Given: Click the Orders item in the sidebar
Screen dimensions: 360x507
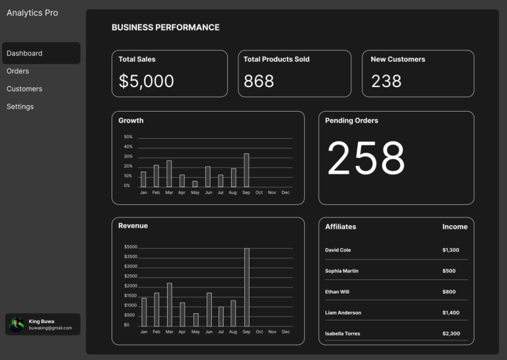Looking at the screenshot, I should (18, 71).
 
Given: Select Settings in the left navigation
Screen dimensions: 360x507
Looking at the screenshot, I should (20, 106).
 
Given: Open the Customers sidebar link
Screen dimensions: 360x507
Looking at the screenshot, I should (24, 89).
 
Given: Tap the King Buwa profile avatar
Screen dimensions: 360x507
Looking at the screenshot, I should (17, 324).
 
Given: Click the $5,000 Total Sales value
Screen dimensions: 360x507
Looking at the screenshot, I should (147, 81).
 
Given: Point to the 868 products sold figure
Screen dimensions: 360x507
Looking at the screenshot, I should (259, 81).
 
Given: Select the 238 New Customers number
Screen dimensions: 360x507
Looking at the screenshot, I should (386, 81).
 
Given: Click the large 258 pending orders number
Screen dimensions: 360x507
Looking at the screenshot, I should (366, 159).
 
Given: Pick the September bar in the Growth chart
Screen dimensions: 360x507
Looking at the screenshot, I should (246, 170).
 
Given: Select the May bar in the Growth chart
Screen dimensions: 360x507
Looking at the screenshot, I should (195, 184).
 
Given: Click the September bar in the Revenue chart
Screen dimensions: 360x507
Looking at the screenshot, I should (246, 287).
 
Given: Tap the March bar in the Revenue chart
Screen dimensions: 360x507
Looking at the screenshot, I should (169, 305).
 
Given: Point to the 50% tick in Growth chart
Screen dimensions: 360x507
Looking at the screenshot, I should (128, 137).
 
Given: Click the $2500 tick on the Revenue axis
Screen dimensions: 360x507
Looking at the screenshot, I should (131, 276).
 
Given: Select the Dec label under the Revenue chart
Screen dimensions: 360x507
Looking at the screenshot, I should (285, 332).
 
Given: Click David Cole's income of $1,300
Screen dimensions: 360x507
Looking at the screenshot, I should (450, 250).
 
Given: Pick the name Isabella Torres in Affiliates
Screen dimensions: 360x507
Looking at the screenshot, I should (343, 334).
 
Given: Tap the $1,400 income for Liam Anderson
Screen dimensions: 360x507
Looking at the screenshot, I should (450, 312).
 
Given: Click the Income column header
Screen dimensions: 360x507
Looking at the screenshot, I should (454, 227).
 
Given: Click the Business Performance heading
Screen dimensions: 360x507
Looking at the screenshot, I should (165, 28).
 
